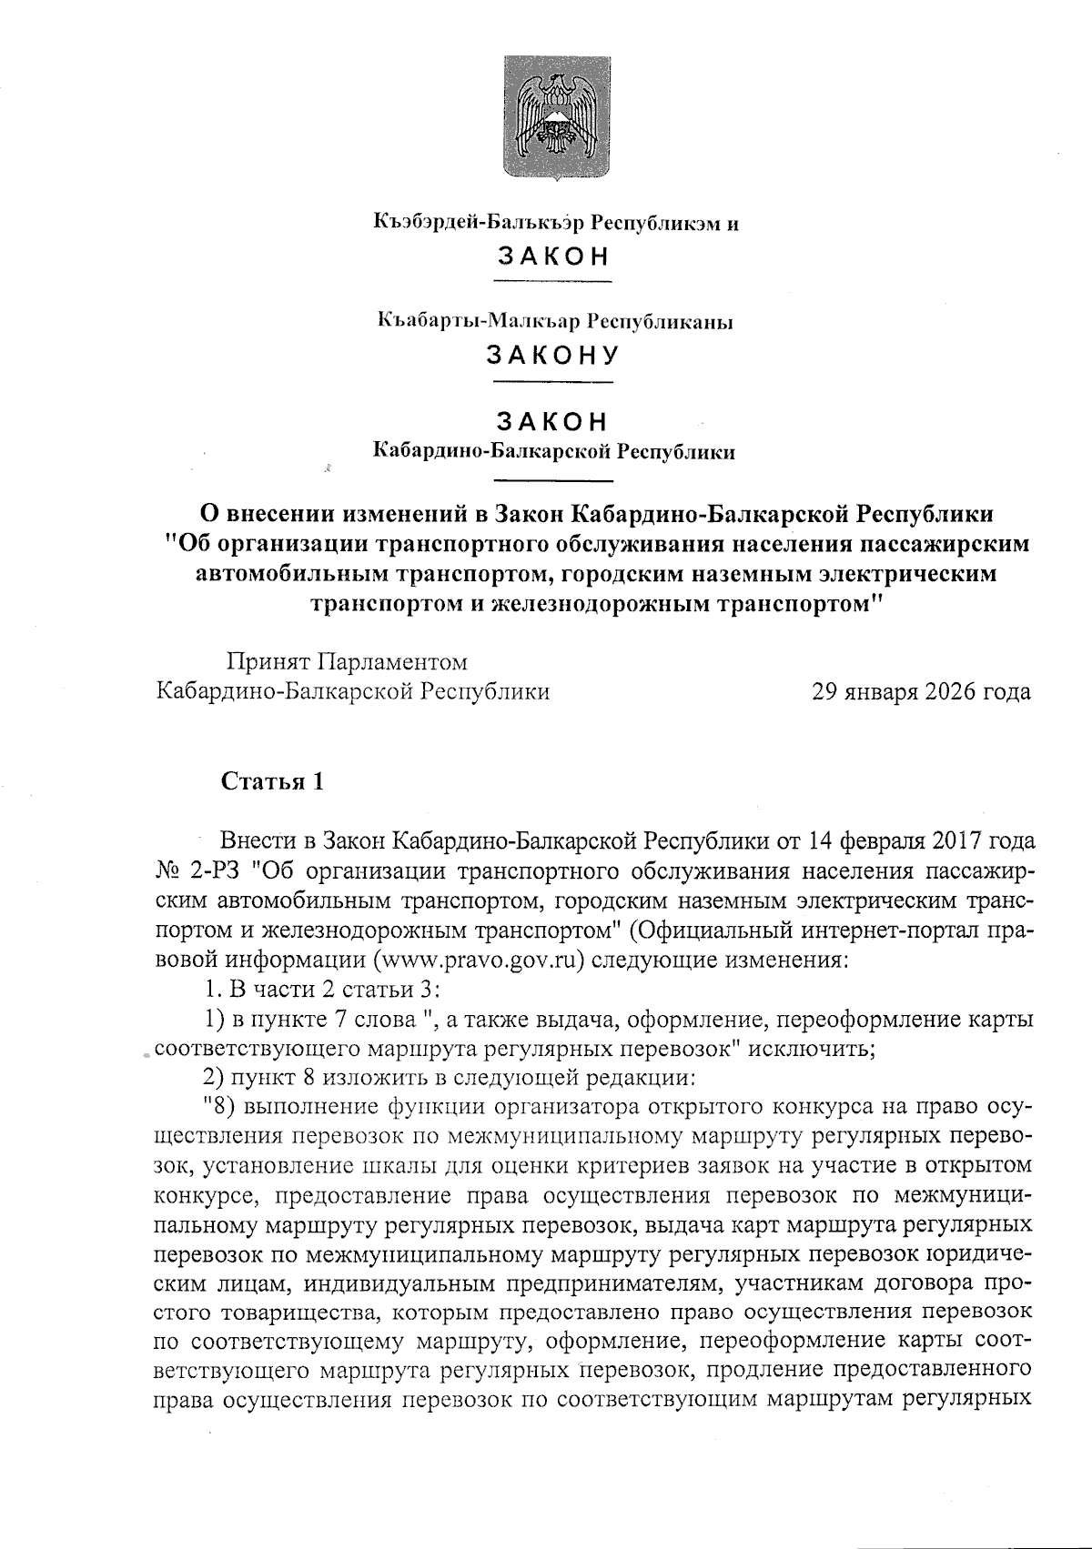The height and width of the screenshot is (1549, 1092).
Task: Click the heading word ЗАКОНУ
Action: coord(552,354)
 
